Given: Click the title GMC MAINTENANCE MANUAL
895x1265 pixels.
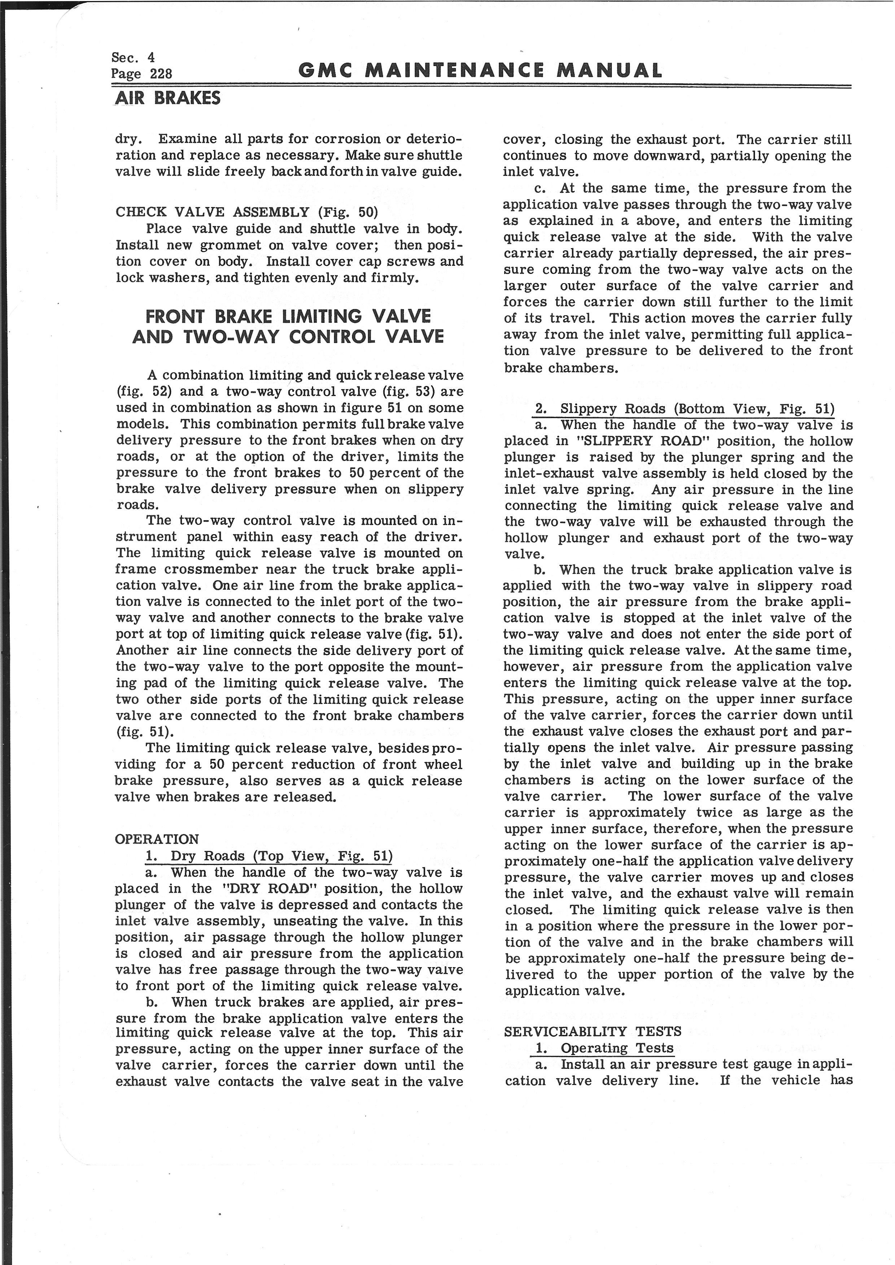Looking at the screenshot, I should pos(480,71).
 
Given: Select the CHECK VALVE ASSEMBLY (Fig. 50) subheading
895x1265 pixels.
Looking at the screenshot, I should pos(246,212).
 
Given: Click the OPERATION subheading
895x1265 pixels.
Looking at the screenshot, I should pos(157,839).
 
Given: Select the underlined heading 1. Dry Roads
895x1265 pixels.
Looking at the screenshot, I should pos(268,856).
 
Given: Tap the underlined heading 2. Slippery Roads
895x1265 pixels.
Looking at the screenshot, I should pos(685,409).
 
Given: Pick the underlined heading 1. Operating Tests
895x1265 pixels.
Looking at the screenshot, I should pos(604,1048).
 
